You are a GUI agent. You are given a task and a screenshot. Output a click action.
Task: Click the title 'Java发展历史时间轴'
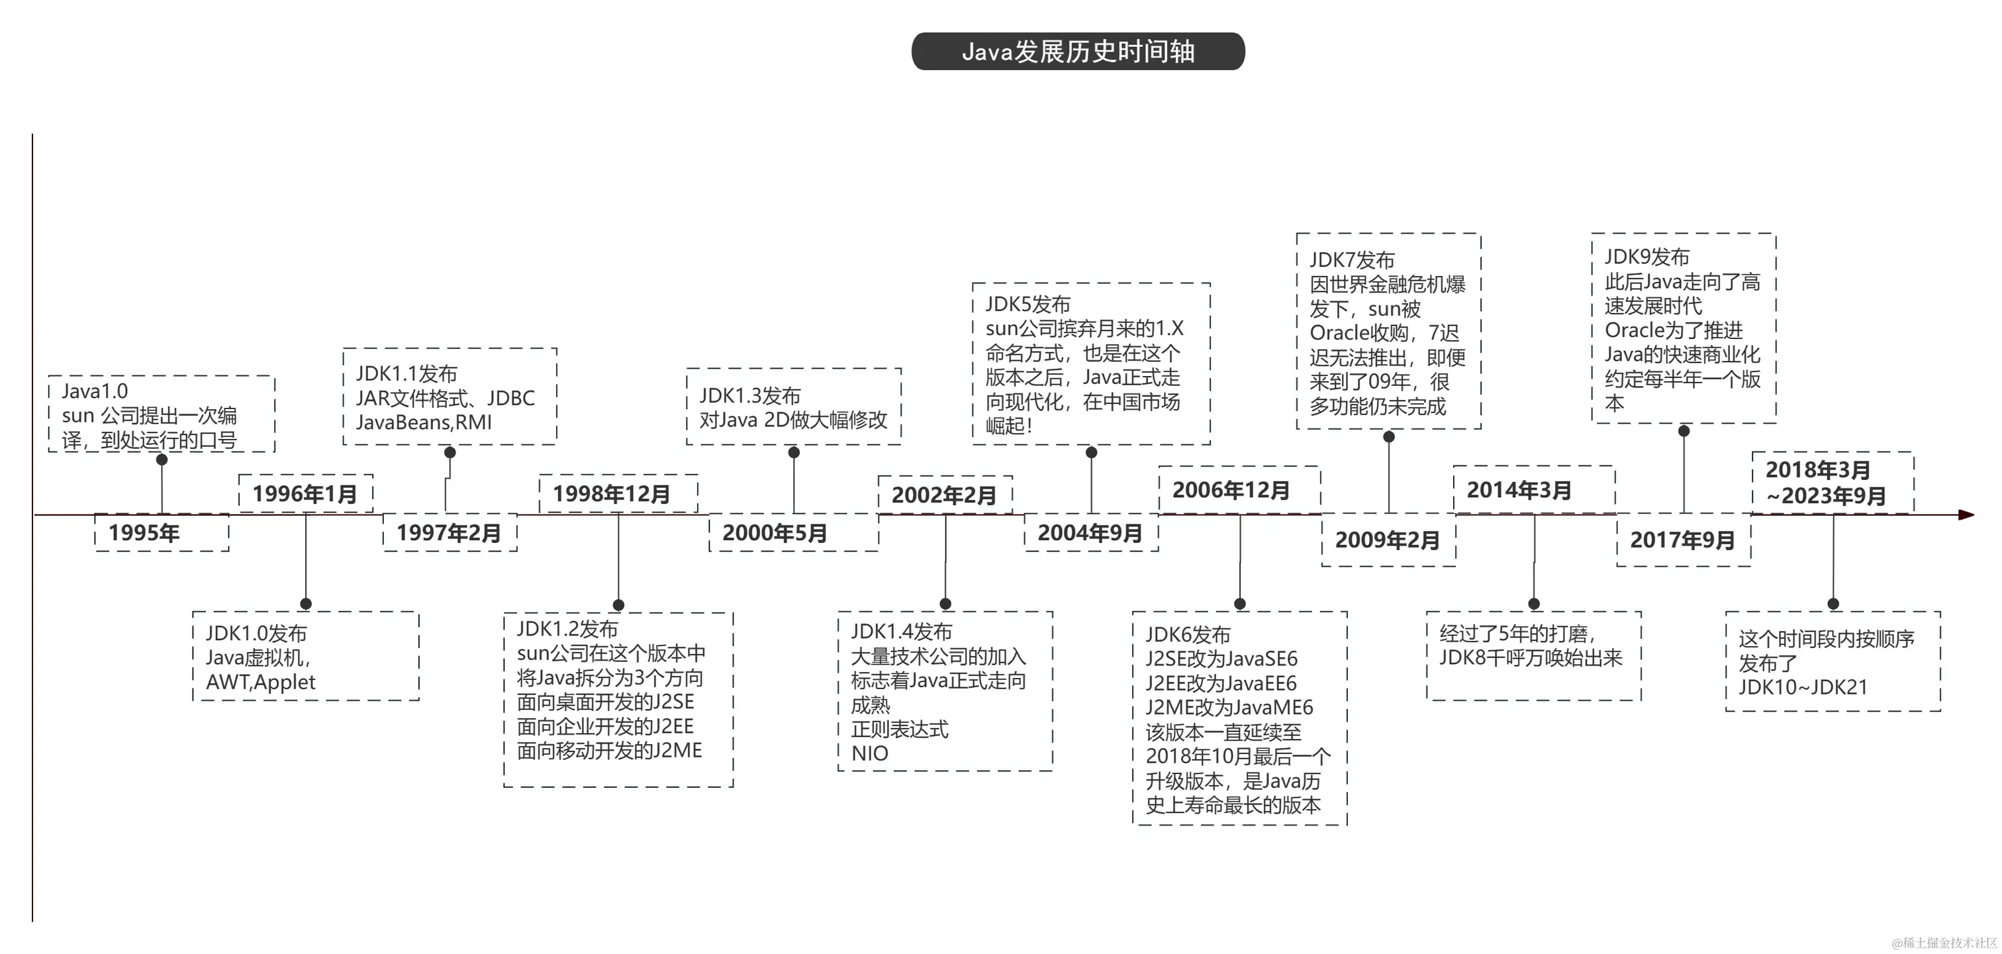click(1078, 51)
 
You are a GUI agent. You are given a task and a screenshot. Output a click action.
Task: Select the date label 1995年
click(144, 533)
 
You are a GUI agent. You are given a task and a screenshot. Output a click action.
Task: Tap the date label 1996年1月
click(305, 493)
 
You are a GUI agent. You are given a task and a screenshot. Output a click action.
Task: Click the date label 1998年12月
click(612, 494)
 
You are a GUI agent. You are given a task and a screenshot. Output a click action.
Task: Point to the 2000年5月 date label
click(775, 533)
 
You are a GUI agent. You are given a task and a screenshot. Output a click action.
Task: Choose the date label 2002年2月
click(943, 495)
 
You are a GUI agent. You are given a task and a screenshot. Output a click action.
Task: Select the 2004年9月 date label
click(1090, 533)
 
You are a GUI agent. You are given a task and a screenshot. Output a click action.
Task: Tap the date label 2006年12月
click(1231, 490)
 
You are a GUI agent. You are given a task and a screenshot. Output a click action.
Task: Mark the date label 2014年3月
click(1519, 490)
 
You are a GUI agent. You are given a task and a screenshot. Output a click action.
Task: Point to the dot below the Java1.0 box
click(162, 459)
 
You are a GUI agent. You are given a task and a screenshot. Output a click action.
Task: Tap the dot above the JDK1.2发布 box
click(618, 604)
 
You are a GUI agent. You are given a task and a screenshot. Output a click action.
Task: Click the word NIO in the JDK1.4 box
click(870, 753)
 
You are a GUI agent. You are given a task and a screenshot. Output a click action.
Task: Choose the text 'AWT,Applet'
click(260, 682)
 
